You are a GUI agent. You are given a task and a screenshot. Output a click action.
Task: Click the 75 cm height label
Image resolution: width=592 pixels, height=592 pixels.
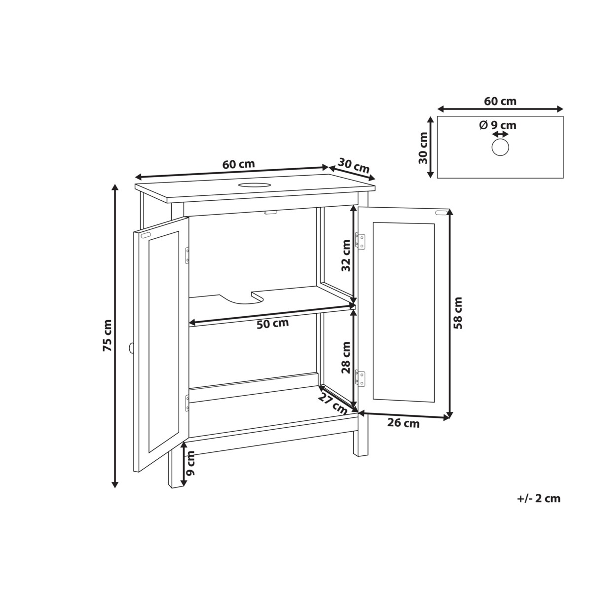coord(107,335)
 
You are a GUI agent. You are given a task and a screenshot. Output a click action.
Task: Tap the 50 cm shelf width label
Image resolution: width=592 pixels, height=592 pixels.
coord(273,324)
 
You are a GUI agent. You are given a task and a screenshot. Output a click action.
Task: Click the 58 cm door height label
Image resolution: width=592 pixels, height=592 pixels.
coord(458,313)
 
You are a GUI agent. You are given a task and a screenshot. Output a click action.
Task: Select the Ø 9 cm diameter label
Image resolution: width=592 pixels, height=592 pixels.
coord(497,125)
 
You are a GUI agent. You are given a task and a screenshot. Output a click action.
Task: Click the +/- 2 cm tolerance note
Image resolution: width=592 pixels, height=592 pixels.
coord(539,498)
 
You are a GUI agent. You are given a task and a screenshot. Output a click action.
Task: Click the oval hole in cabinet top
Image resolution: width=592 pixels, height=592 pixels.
coord(255,185)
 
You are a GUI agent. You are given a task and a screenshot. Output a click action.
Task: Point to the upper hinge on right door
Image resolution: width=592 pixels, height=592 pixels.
coord(362,241)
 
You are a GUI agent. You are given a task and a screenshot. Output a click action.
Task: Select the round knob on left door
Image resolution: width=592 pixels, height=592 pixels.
coord(131,348)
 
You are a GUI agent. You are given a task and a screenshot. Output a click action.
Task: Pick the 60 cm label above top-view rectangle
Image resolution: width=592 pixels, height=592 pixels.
coord(500,101)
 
